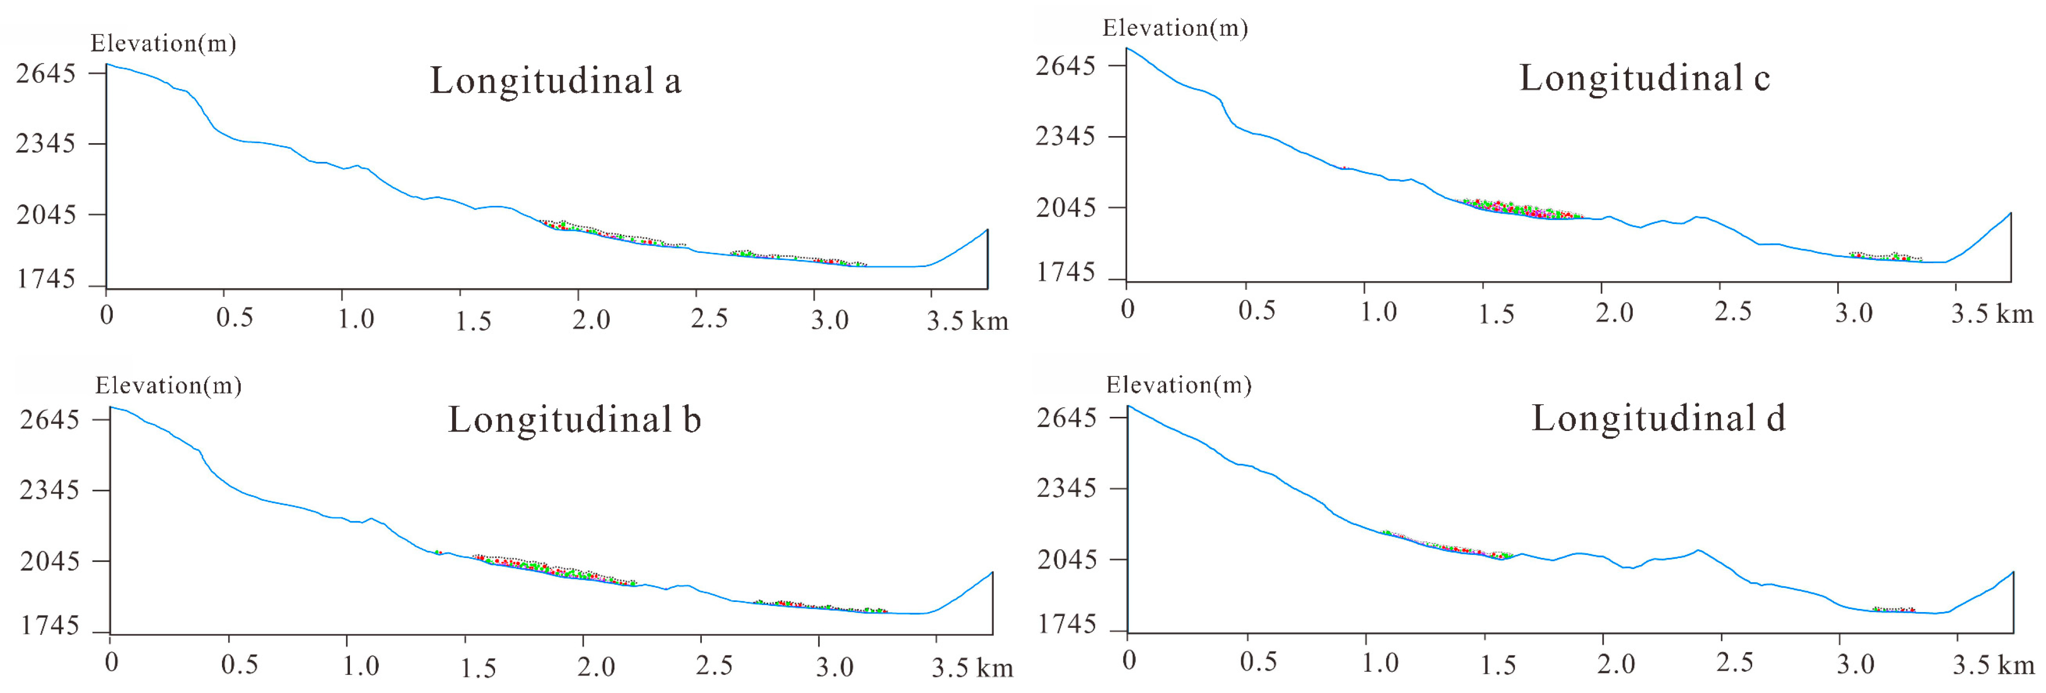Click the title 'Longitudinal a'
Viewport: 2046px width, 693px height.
click(555, 80)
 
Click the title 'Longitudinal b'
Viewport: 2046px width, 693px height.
click(574, 420)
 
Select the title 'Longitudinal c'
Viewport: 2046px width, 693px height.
click(1644, 78)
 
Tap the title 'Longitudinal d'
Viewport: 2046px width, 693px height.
click(1658, 418)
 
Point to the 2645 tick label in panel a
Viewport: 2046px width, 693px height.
click(46, 73)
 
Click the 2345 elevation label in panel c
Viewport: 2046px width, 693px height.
click(1065, 136)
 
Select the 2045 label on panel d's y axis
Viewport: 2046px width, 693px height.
click(1066, 559)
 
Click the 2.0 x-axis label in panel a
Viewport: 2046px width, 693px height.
click(591, 320)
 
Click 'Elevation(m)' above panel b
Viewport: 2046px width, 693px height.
click(167, 385)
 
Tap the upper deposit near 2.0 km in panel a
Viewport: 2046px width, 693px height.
click(611, 233)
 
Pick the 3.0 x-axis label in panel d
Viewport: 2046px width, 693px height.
click(1854, 664)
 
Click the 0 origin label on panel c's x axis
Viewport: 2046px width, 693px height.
click(1128, 309)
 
